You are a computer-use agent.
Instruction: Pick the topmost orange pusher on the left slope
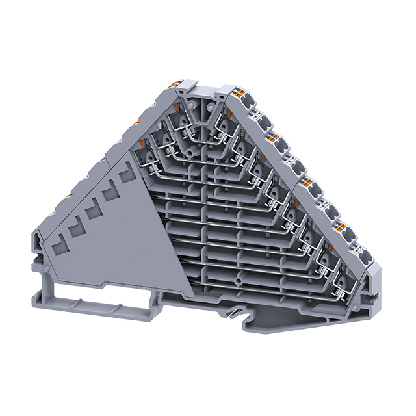tap(174, 84)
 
